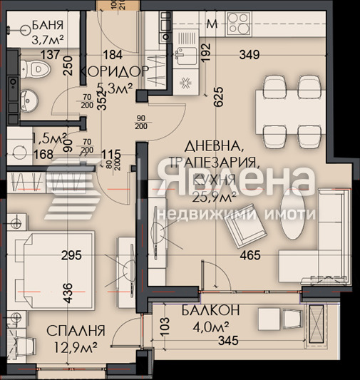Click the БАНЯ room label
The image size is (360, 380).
click(x=48, y=29)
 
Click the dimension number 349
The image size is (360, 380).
click(x=248, y=54)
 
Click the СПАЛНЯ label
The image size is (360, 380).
click(x=76, y=331)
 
